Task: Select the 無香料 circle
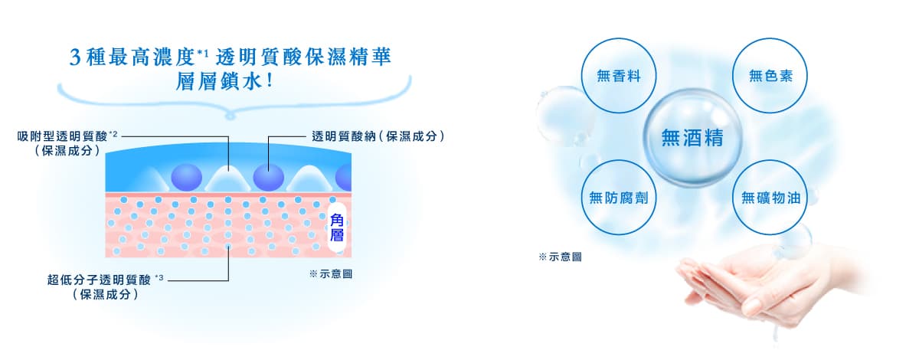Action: pos(619,75)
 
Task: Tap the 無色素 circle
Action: pos(770,75)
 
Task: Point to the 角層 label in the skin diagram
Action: pos(337,227)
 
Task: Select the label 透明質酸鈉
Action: pos(348,136)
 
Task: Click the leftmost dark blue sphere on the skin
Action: pos(186,178)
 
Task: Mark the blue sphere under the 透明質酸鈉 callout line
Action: pos(268,178)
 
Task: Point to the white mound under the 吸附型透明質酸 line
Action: pos(228,178)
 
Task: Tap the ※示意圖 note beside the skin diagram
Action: pos(330,274)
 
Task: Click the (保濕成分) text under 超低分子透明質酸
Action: pos(104,293)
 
